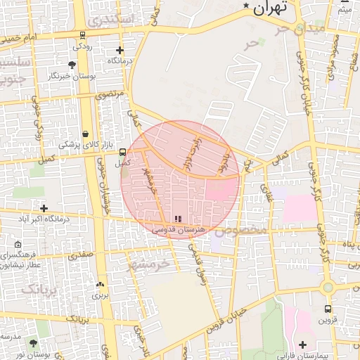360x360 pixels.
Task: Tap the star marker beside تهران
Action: [246, 6]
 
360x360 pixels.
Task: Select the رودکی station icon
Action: [83, 34]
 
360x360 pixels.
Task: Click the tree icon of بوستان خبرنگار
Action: [72, 65]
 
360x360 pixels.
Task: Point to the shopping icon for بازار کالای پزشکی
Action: [85, 134]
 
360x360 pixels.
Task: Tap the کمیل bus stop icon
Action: [123, 152]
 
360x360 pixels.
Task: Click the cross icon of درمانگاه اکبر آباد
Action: [44, 208]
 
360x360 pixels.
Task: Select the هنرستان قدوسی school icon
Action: [177, 219]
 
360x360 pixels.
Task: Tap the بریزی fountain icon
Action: [100, 285]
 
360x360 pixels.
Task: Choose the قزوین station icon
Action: [328, 309]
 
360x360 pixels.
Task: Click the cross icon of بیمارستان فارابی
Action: [302, 345]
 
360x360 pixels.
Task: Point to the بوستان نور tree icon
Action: [33, 343]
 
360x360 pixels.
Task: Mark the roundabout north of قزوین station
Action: [327, 287]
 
